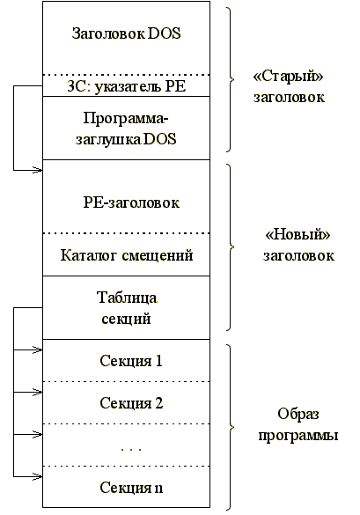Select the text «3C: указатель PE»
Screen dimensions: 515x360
pyautogui.click(x=126, y=86)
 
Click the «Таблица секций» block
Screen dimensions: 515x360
pyautogui.click(x=126, y=308)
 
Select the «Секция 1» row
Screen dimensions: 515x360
pyautogui.click(x=131, y=360)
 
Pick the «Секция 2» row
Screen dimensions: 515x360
pyautogui.click(x=131, y=403)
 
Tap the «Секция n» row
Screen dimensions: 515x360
pyautogui.click(x=131, y=487)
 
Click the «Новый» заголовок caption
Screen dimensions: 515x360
pyautogui.click(x=298, y=246)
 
